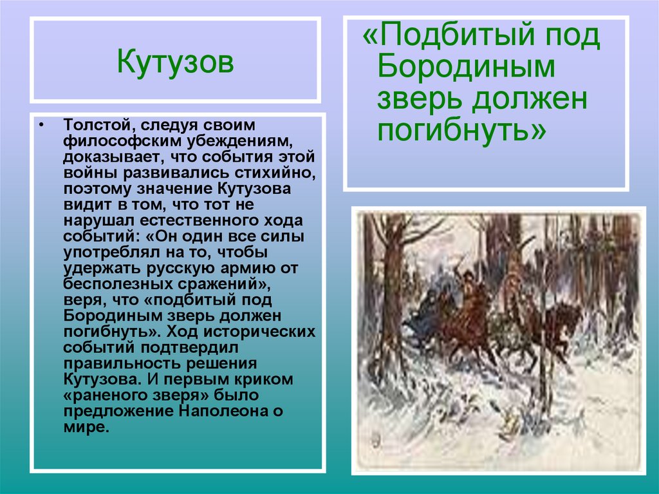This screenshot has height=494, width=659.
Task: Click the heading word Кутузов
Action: [175, 62]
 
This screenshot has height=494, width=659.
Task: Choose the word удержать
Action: [94, 268]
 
